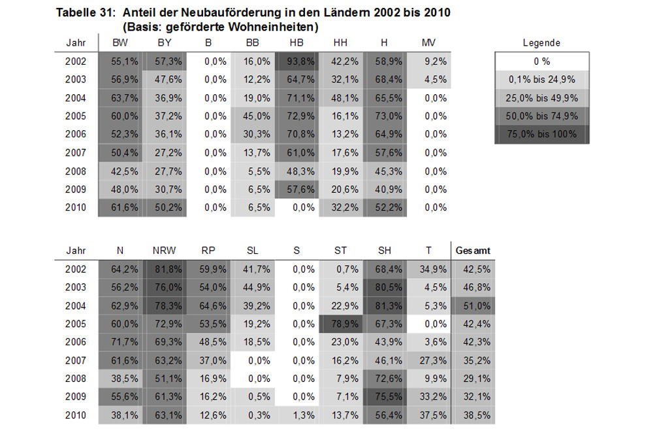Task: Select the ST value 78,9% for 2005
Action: point(340,323)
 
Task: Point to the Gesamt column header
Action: point(473,250)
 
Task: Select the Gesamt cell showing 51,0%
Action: point(473,305)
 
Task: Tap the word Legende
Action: point(542,43)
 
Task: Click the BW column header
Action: point(120,43)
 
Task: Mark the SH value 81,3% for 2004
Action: point(385,305)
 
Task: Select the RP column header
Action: point(209,250)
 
